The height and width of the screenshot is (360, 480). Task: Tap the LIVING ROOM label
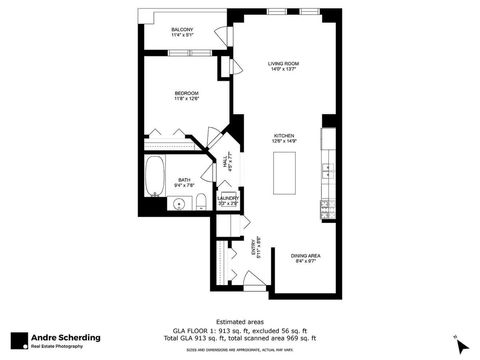pyautogui.click(x=284, y=63)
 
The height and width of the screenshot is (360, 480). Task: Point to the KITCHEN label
pyautogui.click(x=284, y=135)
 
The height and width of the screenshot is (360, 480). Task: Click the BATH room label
pyautogui.click(x=184, y=180)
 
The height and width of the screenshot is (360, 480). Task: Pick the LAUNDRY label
pyautogui.click(x=227, y=197)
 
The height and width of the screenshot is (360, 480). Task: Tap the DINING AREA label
pyautogui.click(x=305, y=256)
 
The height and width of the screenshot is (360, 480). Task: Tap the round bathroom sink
pyautogui.click(x=180, y=203)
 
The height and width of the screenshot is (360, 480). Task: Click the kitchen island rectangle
pyautogui.click(x=284, y=170)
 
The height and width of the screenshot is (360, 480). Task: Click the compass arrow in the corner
pyautogui.click(x=461, y=345)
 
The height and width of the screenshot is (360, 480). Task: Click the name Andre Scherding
pyautogui.click(x=62, y=336)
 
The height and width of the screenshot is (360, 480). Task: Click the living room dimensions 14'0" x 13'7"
pyautogui.click(x=284, y=70)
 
